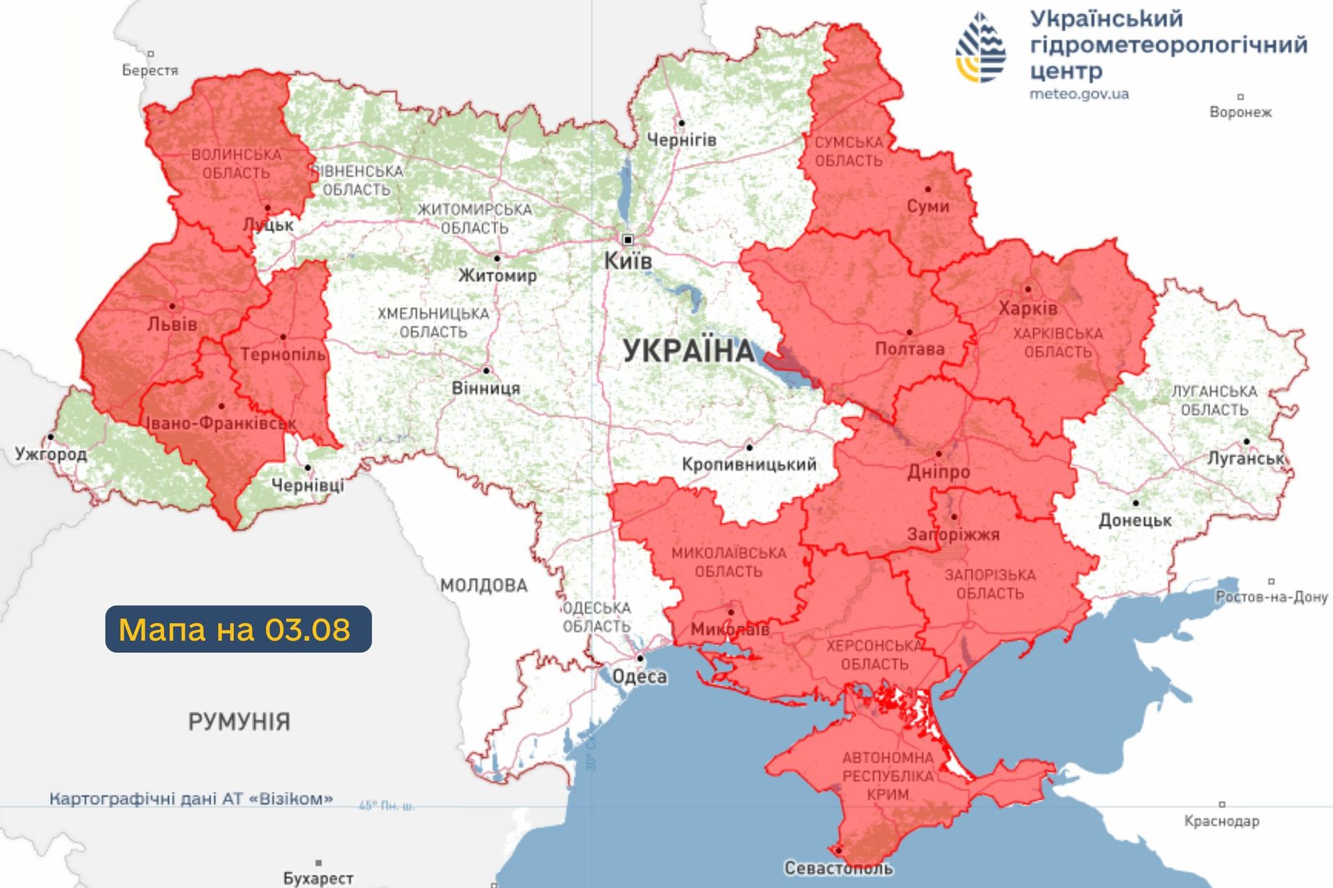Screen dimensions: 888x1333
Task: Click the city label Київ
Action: click(628, 262)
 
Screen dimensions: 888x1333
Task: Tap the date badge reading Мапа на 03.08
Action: click(238, 629)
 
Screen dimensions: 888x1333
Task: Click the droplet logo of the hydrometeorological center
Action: click(980, 47)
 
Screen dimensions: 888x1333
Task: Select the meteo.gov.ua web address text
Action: click(1079, 94)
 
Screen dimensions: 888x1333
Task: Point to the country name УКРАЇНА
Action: click(688, 351)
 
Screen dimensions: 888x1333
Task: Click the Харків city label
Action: click(1028, 308)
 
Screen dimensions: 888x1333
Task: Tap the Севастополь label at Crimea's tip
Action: click(838, 868)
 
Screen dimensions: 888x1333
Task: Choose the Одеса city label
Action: click(639, 676)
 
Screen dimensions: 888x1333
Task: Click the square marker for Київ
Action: click(628, 240)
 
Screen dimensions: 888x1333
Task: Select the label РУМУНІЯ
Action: click(239, 721)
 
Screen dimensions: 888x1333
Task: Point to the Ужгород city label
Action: click(51, 454)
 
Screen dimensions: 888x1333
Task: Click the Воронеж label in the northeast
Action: click(1240, 112)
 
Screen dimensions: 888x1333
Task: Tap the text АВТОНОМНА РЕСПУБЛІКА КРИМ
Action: click(888, 776)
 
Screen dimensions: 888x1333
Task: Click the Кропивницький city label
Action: click(748, 464)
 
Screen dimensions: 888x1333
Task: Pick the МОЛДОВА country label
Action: click(484, 586)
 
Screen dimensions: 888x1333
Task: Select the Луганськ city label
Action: click(1246, 459)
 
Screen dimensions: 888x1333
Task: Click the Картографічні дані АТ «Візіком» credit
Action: click(191, 799)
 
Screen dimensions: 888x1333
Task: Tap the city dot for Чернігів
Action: click(681, 123)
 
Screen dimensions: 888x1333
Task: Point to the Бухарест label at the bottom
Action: click(318, 878)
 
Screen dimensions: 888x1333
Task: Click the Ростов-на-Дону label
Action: click(1271, 597)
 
